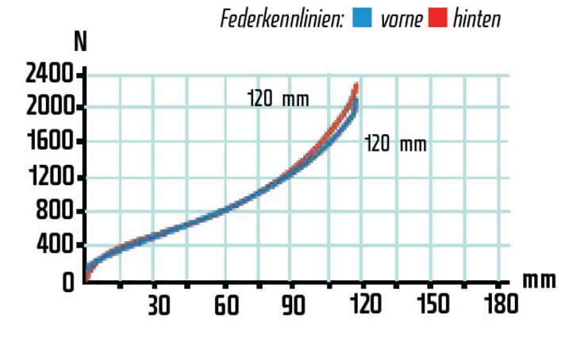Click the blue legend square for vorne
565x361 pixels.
(x=361, y=17)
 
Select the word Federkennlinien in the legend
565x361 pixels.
(x=282, y=18)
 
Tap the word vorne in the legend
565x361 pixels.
(x=402, y=18)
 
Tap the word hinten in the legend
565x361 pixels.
(x=477, y=18)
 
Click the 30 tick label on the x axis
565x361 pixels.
(x=158, y=305)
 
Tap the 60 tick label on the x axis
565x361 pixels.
(x=227, y=305)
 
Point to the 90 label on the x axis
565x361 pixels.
(x=294, y=305)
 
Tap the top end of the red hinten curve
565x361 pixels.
(x=357, y=85)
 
